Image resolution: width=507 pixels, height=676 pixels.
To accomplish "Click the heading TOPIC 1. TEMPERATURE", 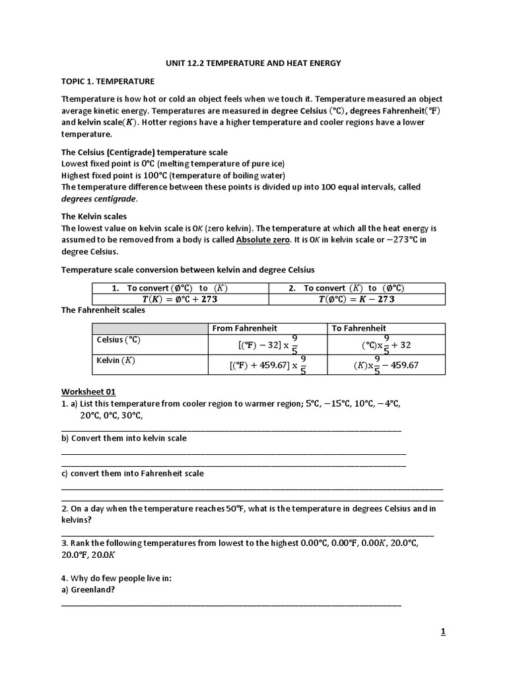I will click(x=108, y=81).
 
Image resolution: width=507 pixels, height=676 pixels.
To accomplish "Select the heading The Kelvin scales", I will click(x=94, y=216).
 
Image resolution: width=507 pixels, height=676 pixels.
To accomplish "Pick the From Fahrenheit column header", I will click(x=244, y=328).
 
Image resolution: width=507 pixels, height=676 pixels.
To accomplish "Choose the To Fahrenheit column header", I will click(x=360, y=328).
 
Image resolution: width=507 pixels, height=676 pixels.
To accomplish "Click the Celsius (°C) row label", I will click(x=119, y=340).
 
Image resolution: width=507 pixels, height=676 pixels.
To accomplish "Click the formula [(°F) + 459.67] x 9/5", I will click(x=268, y=364).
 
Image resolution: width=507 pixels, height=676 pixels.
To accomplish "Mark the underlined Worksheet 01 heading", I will click(x=88, y=391).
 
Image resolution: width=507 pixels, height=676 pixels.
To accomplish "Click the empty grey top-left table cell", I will click(x=150, y=328).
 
